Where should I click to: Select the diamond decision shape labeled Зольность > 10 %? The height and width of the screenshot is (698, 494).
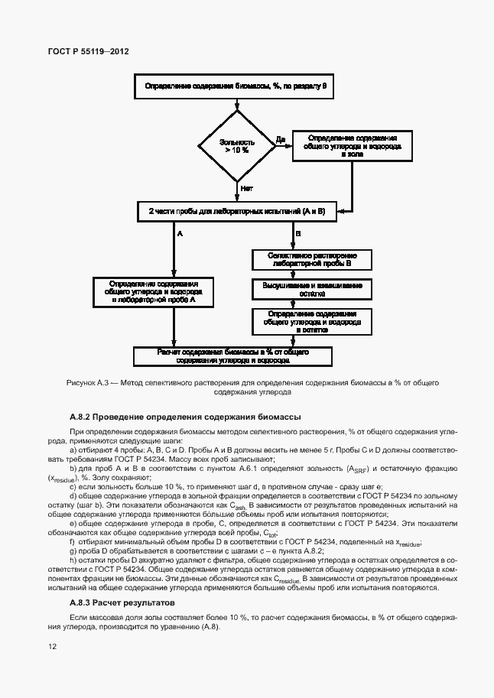click(236, 146)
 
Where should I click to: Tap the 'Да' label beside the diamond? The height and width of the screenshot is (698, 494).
click(280, 139)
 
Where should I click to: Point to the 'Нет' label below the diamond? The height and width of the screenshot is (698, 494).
click(246, 187)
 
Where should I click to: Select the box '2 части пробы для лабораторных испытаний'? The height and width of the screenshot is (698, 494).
click(236, 211)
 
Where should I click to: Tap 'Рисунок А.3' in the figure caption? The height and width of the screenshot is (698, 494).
click(89, 381)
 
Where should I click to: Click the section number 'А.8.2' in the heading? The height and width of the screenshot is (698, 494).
click(80, 417)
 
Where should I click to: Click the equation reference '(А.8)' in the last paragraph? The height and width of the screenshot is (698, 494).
click(208, 627)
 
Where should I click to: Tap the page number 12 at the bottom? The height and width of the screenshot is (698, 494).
click(52, 646)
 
